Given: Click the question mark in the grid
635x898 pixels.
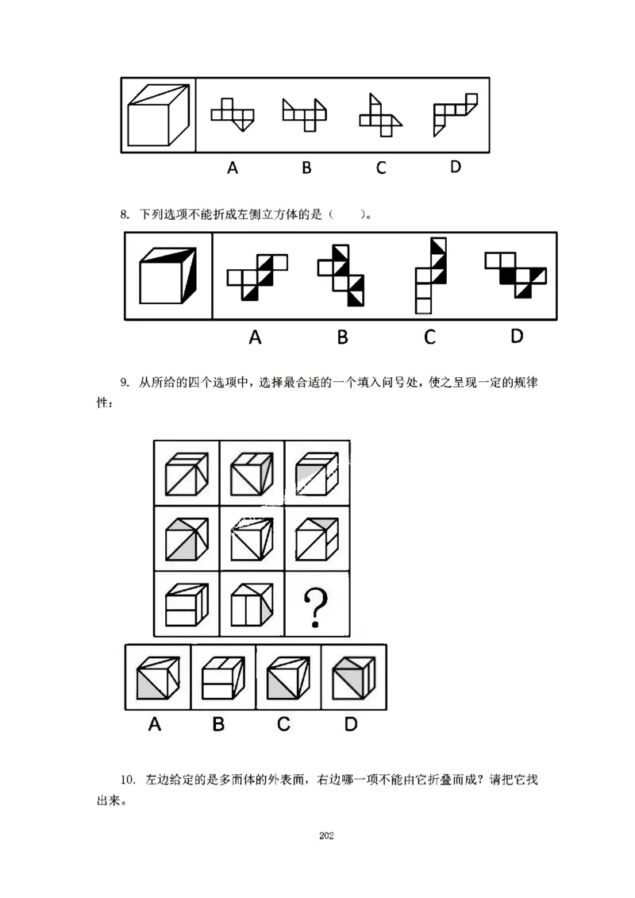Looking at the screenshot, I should (317, 605).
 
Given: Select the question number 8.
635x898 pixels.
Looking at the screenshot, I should (125, 214).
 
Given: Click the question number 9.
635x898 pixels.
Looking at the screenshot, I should (125, 383).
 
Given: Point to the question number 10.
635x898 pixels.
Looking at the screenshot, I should (128, 779).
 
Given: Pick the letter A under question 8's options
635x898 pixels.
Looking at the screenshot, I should (255, 337).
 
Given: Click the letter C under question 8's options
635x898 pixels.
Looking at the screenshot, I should (429, 337).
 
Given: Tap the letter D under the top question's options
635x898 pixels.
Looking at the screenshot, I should (455, 167).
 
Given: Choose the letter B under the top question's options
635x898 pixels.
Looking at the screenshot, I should (306, 168).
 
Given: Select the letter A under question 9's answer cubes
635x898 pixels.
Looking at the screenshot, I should (155, 724).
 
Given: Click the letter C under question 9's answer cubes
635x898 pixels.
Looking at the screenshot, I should (283, 724).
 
